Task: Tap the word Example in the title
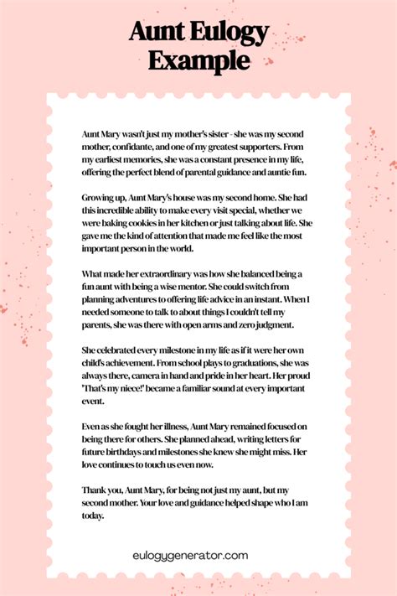(198, 60)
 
